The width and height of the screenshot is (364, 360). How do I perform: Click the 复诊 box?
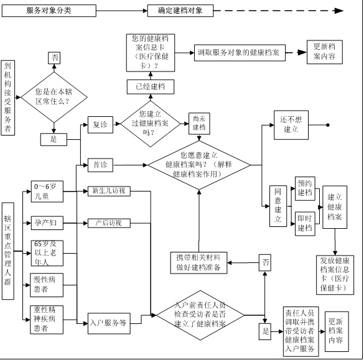tap(100, 124)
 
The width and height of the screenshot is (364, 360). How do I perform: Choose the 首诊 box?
tap(100, 165)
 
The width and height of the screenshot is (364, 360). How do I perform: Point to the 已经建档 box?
tap(150, 86)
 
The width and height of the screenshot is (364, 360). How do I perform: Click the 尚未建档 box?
tap(198, 122)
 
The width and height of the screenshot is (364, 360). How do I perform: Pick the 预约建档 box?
tap(304, 188)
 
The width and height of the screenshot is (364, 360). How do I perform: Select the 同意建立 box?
tap(278, 205)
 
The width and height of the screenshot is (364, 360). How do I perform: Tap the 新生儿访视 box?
tap(108, 190)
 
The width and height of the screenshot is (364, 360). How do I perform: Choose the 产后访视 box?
tap(108, 222)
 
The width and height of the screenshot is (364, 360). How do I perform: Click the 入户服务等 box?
tap(108, 323)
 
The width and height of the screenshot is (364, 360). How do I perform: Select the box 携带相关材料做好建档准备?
tap(201, 263)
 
